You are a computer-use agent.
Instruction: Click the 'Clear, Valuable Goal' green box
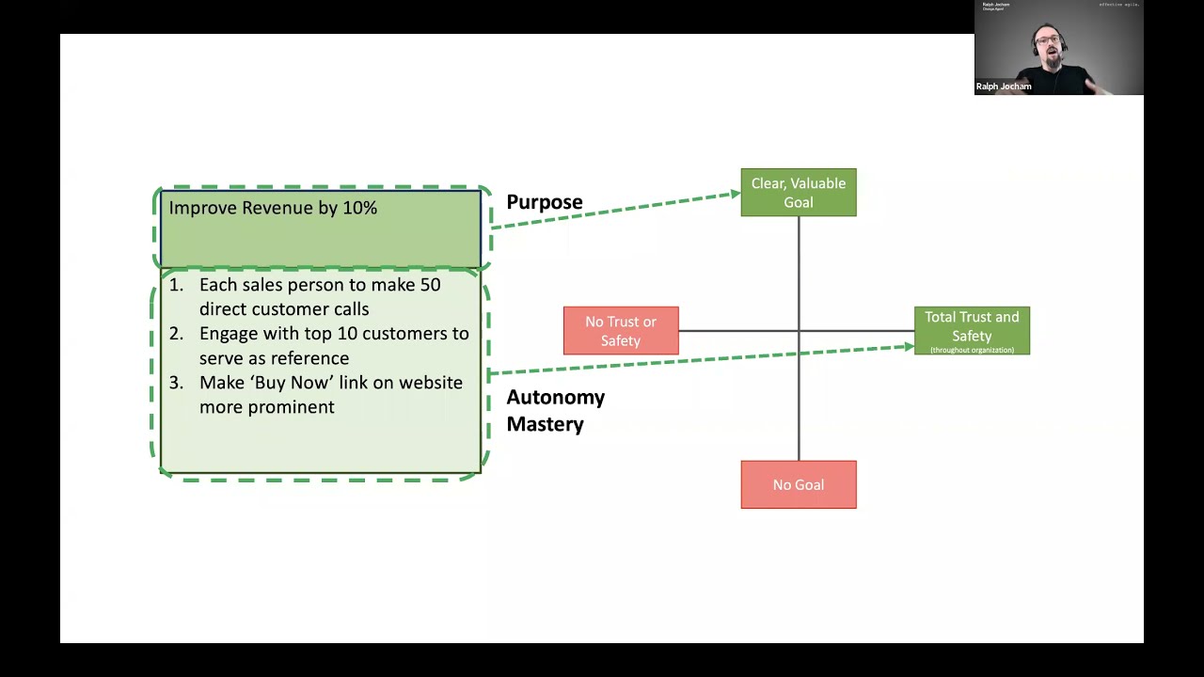798,193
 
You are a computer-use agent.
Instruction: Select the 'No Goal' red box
798,485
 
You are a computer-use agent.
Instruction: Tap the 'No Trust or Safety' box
621,331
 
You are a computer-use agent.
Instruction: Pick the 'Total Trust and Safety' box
972,331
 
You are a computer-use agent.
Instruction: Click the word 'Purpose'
545,202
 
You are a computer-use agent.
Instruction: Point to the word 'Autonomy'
555,397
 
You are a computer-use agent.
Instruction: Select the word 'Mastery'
545,424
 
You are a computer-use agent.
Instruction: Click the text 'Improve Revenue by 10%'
273,208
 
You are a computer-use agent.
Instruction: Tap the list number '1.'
176,285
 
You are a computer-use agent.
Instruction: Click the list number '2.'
176,334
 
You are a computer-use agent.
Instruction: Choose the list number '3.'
176,383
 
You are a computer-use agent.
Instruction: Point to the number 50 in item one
430,285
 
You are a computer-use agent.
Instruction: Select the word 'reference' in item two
311,358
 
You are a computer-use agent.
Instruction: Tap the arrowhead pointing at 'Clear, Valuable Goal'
735,195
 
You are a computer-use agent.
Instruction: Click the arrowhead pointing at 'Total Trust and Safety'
908,347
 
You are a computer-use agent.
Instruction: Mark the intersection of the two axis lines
799,331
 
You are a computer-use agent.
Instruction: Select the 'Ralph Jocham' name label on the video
1004,87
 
